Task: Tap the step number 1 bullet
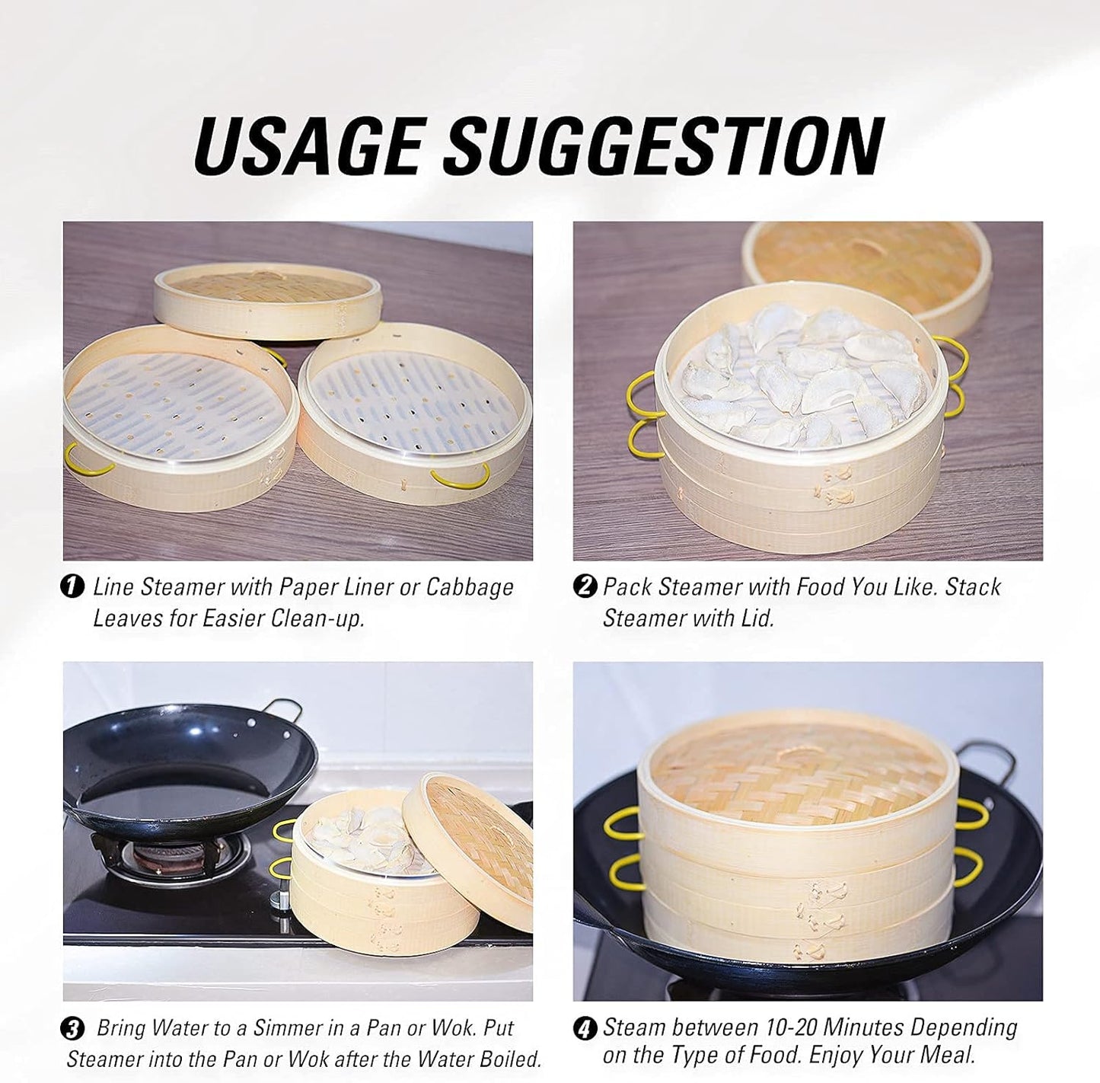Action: tap(72, 587)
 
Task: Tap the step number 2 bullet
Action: tap(584, 587)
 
